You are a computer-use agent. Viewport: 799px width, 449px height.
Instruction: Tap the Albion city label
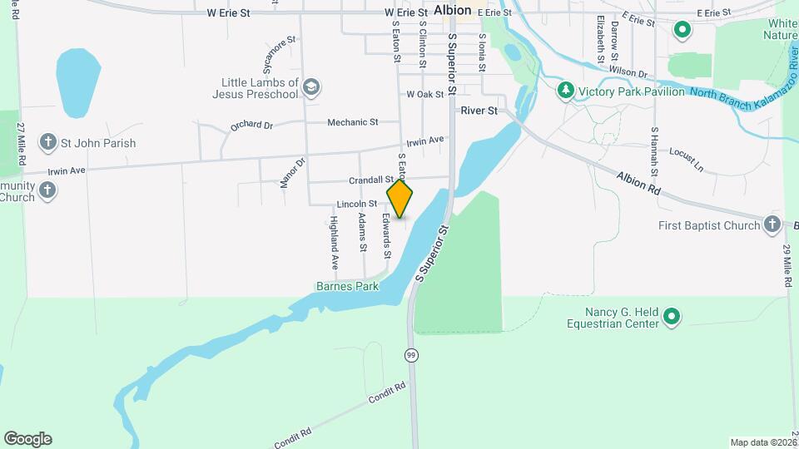pyautogui.click(x=453, y=11)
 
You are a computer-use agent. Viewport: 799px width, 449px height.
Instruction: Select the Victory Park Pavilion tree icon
pyautogui.click(x=566, y=90)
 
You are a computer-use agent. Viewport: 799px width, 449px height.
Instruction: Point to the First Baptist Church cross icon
pyautogui.click(x=773, y=225)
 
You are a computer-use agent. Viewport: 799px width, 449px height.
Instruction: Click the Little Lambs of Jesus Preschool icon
pyautogui.click(x=311, y=87)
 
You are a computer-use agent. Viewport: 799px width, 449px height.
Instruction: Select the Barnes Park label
pyautogui.click(x=347, y=286)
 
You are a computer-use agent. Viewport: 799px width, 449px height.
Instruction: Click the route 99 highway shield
pyautogui.click(x=411, y=355)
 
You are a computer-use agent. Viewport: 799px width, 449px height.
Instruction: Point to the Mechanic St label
pyautogui.click(x=352, y=122)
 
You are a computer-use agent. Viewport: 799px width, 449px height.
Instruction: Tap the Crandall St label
pyautogui.click(x=370, y=180)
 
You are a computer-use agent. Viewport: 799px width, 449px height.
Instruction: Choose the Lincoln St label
pyautogui.click(x=357, y=204)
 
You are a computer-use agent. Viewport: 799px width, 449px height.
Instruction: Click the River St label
pyautogui.click(x=479, y=110)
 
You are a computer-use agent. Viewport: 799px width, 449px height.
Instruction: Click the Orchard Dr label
pyautogui.click(x=252, y=126)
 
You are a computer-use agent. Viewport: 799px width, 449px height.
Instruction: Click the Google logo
pyautogui.click(x=27, y=439)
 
